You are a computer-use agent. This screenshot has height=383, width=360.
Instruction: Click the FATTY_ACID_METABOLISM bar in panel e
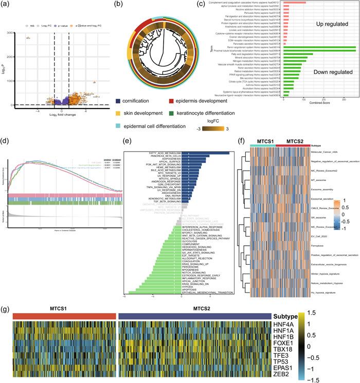click(x=206, y=153)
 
